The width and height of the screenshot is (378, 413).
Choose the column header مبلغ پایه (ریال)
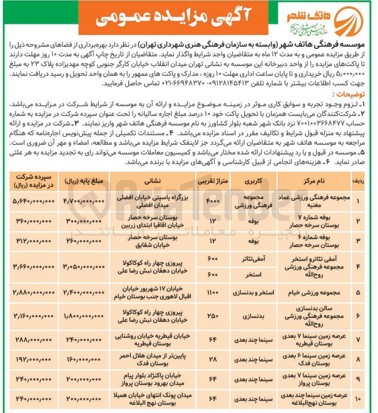coord(84,181)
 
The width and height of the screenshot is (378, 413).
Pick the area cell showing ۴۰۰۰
coord(213,201)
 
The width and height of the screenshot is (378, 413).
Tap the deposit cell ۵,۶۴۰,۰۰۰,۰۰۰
coord(34,201)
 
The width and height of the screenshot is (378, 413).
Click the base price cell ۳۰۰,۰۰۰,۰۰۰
coord(84,221)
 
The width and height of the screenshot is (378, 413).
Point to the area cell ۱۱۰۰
coord(213,293)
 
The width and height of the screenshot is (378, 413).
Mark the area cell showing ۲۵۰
coord(213,316)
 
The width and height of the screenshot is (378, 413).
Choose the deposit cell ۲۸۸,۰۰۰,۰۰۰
coord(34,339)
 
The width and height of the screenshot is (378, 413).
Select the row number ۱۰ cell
coord(358,399)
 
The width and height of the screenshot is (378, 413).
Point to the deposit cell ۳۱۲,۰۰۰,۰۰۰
coord(34,241)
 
